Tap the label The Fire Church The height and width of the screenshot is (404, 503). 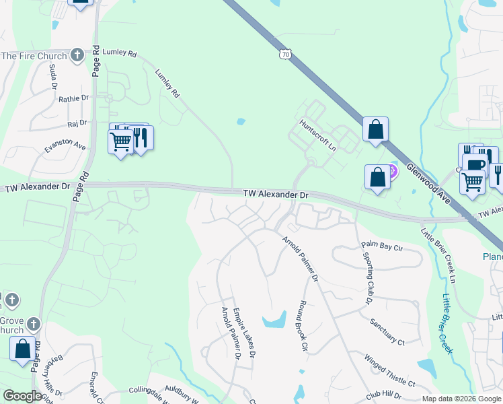(x=34, y=56)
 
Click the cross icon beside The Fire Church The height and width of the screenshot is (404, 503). (x=77, y=55)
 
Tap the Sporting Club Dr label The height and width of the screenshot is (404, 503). (x=369, y=277)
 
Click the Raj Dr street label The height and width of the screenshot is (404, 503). (x=77, y=123)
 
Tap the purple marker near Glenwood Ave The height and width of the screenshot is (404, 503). (x=393, y=171)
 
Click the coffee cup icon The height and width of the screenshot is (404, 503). (x=475, y=165)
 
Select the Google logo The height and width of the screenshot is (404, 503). (x=23, y=396)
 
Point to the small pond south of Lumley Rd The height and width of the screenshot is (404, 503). (x=241, y=122)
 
